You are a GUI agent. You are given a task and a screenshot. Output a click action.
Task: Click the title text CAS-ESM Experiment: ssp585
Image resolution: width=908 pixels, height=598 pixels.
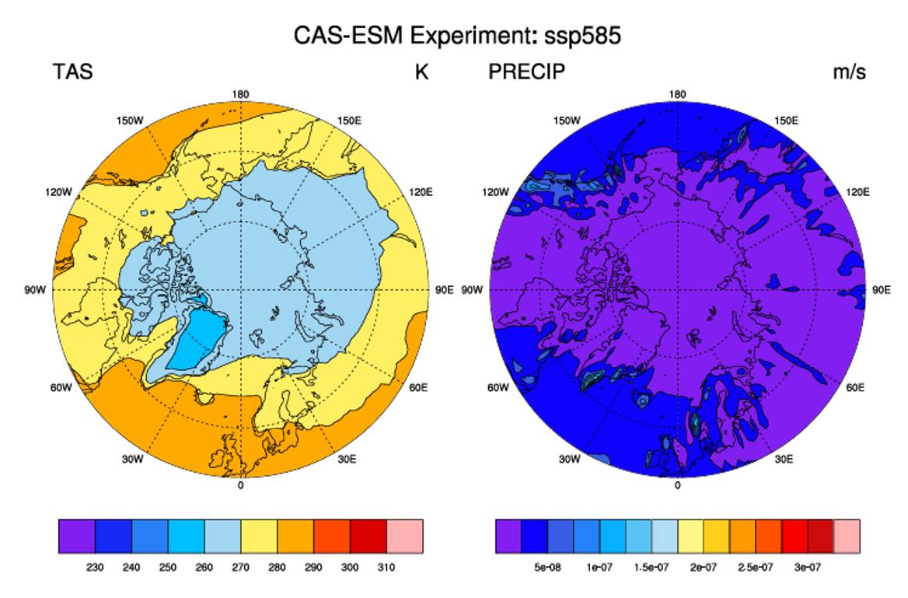click(x=457, y=36)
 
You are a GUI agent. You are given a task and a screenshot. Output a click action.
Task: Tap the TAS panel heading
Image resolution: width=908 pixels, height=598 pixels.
click(x=73, y=72)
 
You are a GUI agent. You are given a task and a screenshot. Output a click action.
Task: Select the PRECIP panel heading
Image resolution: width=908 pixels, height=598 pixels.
click(x=526, y=72)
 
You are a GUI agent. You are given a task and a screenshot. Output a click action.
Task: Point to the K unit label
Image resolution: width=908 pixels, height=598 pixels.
click(x=421, y=72)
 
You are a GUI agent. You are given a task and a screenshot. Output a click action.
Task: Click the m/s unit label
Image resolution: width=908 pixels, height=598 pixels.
click(x=850, y=72)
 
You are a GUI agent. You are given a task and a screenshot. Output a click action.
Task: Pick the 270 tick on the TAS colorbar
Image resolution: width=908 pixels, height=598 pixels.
click(x=240, y=568)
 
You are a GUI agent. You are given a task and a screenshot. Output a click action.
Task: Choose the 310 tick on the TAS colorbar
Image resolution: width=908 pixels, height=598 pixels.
click(x=386, y=568)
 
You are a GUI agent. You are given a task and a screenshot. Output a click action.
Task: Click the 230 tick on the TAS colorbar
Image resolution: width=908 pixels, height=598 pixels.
click(x=95, y=568)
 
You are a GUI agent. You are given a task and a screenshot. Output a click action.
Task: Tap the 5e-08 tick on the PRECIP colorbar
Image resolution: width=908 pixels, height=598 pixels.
click(x=547, y=568)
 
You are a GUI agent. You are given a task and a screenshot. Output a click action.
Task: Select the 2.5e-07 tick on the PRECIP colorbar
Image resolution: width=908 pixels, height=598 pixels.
click(x=755, y=568)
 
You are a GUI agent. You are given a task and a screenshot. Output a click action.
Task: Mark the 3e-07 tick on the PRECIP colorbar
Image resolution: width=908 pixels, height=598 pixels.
click(x=808, y=568)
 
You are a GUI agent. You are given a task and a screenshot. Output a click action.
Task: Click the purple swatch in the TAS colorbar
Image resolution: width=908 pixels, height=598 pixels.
click(x=77, y=537)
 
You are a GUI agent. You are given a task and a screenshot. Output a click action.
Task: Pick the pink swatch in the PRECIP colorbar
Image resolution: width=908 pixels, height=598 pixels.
click(x=847, y=537)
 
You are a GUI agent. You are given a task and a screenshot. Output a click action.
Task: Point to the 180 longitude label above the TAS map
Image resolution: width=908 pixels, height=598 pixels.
click(x=240, y=94)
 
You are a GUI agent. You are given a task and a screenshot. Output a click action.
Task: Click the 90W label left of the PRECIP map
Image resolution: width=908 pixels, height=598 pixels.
click(x=472, y=290)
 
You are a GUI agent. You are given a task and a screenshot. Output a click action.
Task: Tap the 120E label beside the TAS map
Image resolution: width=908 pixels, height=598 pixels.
click(x=420, y=192)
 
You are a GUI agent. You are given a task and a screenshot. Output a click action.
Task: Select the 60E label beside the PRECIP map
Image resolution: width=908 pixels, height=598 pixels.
click(x=855, y=387)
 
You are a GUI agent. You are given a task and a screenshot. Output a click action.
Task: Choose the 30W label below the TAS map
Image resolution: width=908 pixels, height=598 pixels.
click(x=132, y=460)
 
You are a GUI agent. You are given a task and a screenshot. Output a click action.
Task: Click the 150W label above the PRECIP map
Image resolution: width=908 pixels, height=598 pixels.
click(x=567, y=121)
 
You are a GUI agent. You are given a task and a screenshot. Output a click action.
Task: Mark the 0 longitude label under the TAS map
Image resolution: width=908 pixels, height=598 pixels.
click(x=241, y=485)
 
